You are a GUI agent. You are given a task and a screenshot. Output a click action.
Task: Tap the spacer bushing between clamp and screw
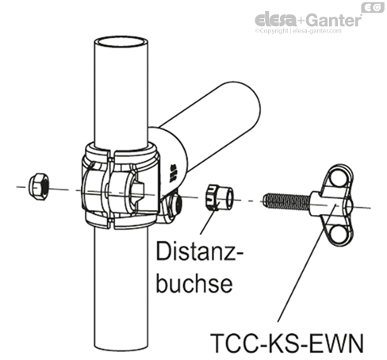[219, 196]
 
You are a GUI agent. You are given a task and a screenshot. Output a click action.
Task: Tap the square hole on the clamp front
[139, 190]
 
